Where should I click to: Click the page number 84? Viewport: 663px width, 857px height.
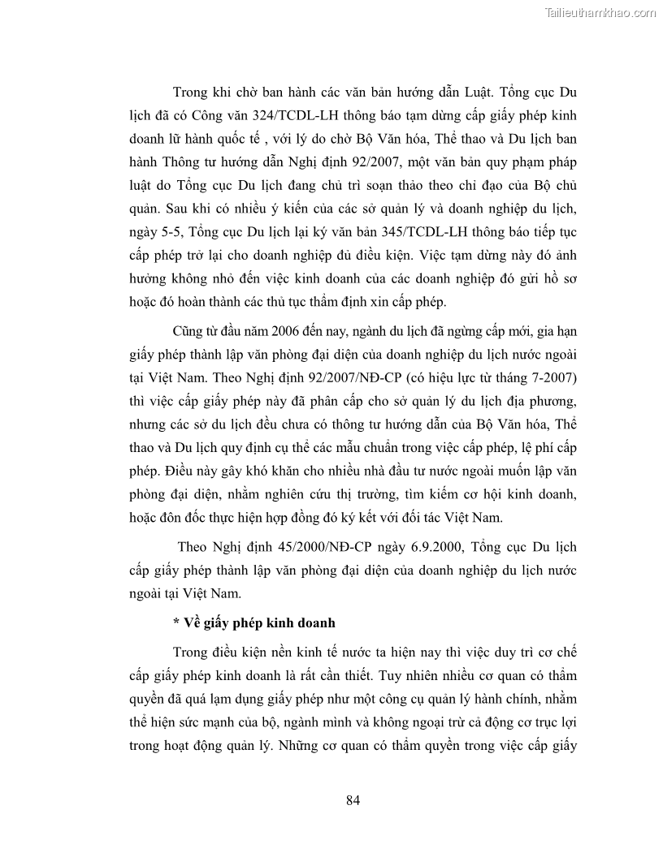353,799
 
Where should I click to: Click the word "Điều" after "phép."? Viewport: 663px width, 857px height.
182,469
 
